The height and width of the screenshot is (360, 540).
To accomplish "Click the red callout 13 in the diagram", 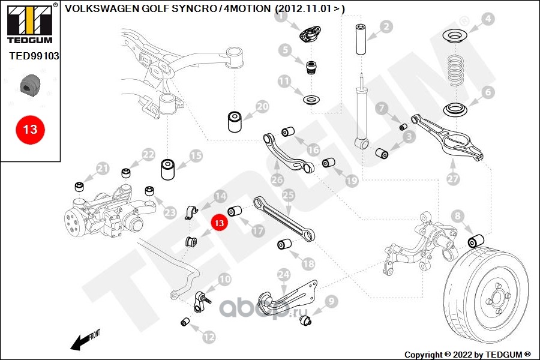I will pos(219,223).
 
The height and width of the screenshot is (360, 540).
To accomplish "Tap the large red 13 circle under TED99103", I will pos(30,129).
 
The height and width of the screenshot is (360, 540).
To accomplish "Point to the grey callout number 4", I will pos(488,19).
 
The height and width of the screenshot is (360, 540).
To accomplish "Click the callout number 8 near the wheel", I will pos(458,215).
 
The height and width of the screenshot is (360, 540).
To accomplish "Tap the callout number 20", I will pos(263,107).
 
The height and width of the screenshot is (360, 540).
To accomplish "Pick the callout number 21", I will pos(103,168).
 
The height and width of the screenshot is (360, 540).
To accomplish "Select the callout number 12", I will pos(208,337).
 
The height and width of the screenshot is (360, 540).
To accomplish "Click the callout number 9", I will pos(332,301).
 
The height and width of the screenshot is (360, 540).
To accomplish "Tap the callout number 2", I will pos(386,26).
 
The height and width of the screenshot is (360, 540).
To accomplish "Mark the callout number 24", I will pos(284,275).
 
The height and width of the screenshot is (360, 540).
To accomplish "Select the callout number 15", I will pos(196,156).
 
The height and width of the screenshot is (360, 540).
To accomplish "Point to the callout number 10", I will pos(224,279).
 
